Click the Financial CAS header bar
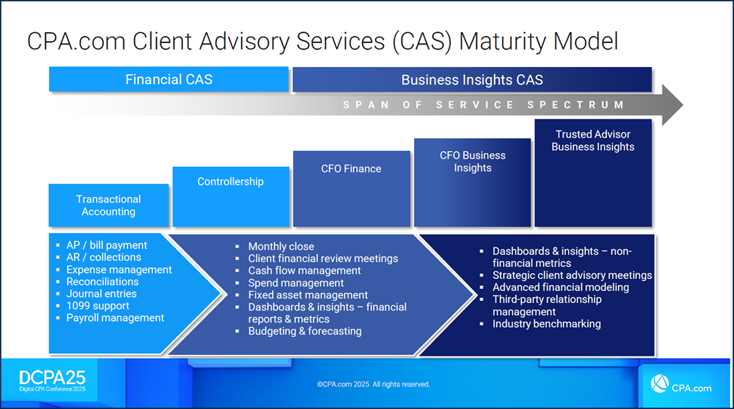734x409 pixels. [x=169, y=80]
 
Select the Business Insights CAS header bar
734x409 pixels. [x=472, y=80]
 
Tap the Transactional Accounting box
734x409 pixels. [x=108, y=205]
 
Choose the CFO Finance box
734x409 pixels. [x=351, y=188]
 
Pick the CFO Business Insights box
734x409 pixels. [x=472, y=181]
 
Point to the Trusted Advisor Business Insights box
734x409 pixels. [x=592, y=172]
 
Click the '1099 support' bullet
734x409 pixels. [x=98, y=306]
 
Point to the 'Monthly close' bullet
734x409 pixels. [x=281, y=247]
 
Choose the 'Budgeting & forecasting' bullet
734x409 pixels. [x=305, y=331]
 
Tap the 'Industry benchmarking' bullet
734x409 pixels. [x=547, y=324]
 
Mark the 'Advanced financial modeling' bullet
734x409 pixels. [x=561, y=287]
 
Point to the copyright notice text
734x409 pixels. [x=373, y=384]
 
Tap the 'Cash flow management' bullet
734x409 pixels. [x=304, y=271]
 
